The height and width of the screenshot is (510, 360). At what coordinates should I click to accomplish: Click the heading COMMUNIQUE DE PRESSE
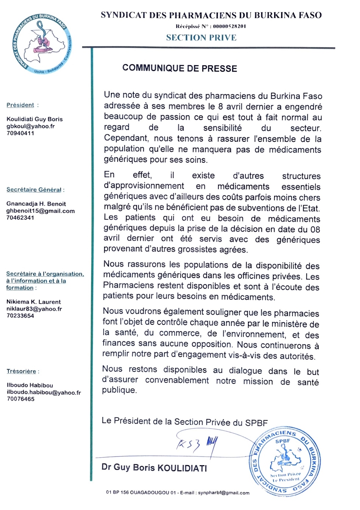pyautogui.click(x=179, y=68)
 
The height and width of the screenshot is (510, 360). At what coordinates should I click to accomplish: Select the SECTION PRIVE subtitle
pyautogui.click(x=201, y=38)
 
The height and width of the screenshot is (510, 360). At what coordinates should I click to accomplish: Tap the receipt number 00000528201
pyautogui.click(x=229, y=26)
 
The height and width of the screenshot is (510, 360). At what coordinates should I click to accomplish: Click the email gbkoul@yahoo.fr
pyautogui.click(x=31, y=126)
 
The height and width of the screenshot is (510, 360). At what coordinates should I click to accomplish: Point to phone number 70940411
pyautogui.click(x=20, y=133)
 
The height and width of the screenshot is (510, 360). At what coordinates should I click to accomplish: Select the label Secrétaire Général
pyautogui.click(x=34, y=190)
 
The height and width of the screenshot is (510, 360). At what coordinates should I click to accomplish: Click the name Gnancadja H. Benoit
pyautogui.click(x=36, y=204)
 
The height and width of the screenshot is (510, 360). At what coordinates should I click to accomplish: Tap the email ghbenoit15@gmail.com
pyautogui.click(x=41, y=211)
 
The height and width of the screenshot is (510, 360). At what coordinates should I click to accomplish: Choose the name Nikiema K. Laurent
pyautogui.click(x=34, y=302)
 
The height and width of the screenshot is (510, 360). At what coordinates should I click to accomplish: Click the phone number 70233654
pyautogui.click(x=20, y=316)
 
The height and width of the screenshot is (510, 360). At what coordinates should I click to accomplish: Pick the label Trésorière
pyautogui.click(x=21, y=371)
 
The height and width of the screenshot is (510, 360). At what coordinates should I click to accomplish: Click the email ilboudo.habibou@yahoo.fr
pyautogui.click(x=44, y=392)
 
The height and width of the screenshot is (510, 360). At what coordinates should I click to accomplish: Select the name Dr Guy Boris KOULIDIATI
pyautogui.click(x=154, y=468)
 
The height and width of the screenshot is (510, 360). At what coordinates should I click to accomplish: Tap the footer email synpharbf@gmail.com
pyautogui.click(x=224, y=493)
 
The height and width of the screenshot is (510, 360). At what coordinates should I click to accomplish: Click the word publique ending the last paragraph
pyautogui.click(x=119, y=390)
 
